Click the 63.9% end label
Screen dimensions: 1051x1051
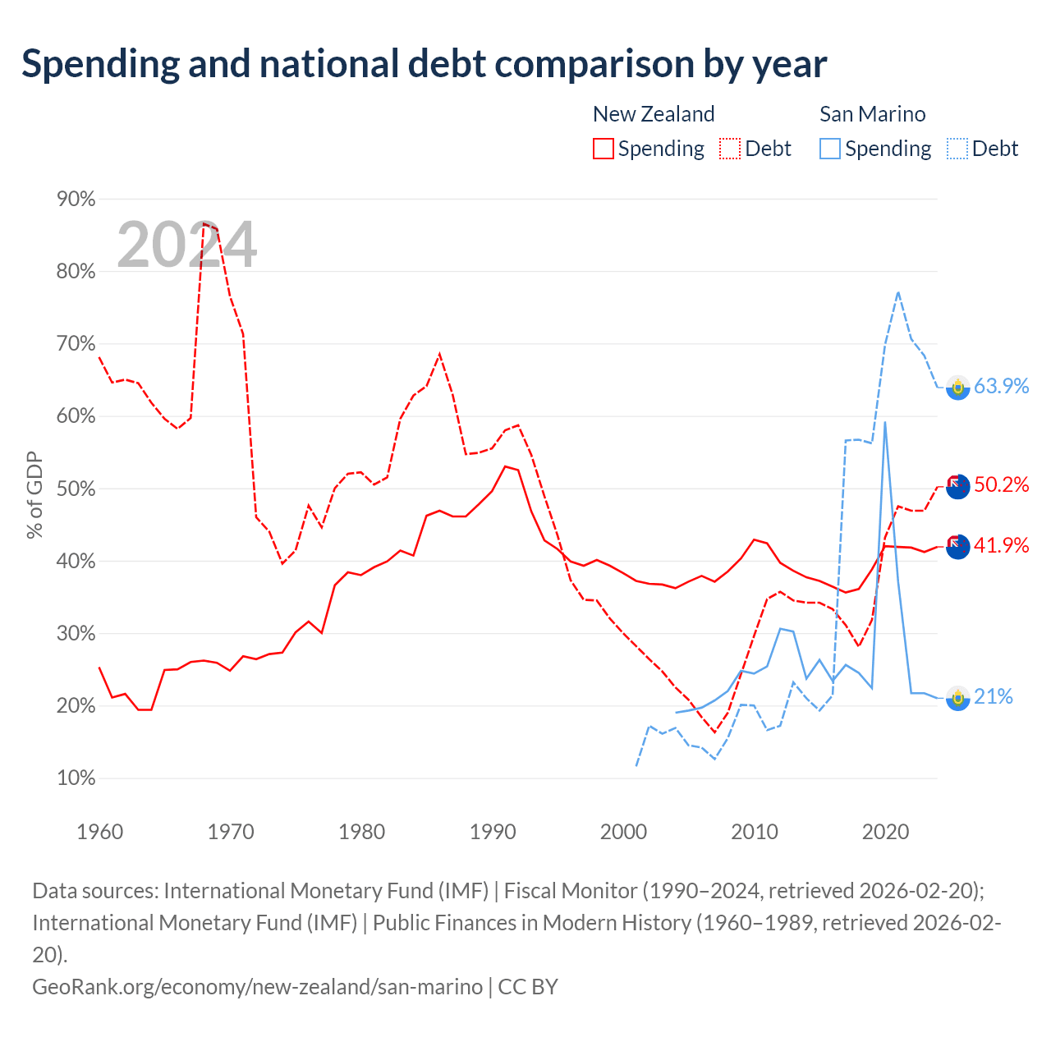tap(1001, 386)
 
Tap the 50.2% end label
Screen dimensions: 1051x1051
tap(1001, 484)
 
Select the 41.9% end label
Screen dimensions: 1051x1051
tap(1001, 545)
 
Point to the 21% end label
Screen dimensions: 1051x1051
tap(994, 696)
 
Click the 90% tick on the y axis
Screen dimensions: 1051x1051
tap(76, 199)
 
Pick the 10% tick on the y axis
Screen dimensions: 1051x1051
tap(76, 778)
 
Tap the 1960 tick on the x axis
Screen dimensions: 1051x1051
tap(100, 833)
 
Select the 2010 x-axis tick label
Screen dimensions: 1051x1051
tap(755, 833)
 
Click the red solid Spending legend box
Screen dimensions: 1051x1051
tap(604, 149)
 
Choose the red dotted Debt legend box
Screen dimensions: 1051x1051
tap(730, 149)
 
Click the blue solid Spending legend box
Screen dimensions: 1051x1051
tap(830, 149)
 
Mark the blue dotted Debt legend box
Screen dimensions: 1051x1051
tap(957, 149)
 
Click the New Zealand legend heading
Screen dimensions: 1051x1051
tap(654, 114)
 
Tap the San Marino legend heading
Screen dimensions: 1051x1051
tap(873, 114)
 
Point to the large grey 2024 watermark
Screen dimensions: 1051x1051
tap(186, 244)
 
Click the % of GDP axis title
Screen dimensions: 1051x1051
tap(34, 494)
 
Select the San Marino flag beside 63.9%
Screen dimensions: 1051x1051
tap(957, 388)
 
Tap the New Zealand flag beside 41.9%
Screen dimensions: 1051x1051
tap(957, 547)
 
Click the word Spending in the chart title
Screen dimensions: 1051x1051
tap(101, 65)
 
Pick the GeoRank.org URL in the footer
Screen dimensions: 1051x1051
tap(258, 987)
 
